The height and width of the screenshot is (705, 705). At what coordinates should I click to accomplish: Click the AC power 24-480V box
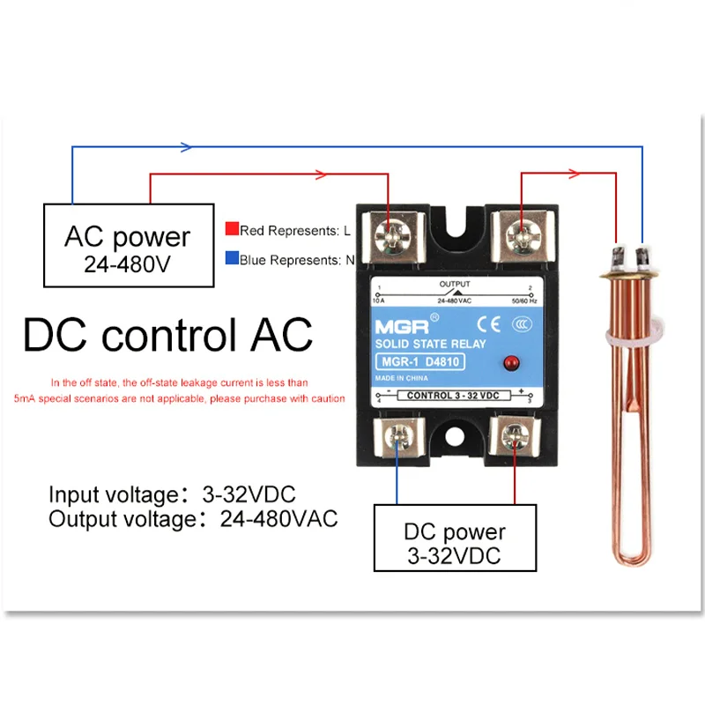coord(129,246)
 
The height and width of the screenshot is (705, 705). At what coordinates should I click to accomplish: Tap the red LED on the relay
coord(508,363)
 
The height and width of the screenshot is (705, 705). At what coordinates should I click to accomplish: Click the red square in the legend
coord(231,230)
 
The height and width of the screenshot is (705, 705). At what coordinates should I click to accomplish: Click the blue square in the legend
coord(231,260)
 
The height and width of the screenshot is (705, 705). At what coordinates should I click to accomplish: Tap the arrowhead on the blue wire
coord(185,146)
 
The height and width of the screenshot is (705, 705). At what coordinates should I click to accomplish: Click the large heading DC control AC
coord(167,336)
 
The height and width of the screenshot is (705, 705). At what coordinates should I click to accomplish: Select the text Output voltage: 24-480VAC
coord(193,519)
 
